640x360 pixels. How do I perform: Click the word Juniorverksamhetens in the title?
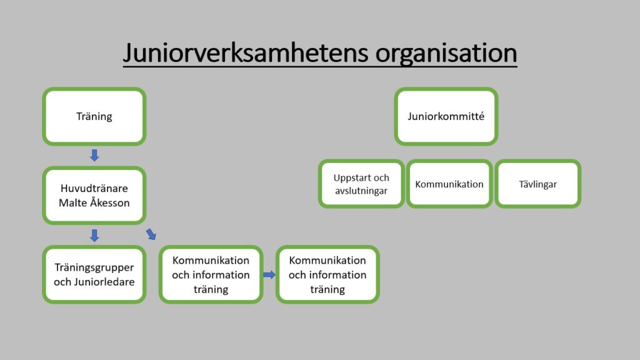(246, 53)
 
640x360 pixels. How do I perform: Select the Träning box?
(94, 116)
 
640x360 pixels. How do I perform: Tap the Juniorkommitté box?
(446, 116)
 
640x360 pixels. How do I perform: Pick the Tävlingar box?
(538, 184)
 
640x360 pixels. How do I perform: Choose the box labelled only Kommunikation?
(449, 184)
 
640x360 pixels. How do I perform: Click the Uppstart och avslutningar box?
(361, 184)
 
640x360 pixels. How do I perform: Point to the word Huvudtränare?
(94, 188)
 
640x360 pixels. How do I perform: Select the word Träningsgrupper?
(94, 267)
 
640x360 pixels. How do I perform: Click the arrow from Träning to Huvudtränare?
(94, 155)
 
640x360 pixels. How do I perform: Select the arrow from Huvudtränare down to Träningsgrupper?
(94, 236)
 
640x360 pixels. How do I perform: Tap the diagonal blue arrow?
(151, 234)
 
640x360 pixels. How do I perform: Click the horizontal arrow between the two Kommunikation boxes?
(269, 275)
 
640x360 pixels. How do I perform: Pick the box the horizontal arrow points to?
(327, 275)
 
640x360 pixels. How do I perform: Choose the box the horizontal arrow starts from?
(211, 275)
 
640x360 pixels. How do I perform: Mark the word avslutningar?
(361, 191)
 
